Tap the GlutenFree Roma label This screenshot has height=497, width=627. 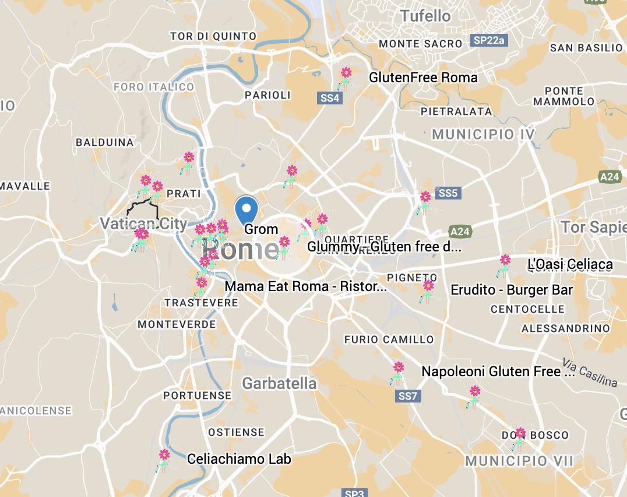coord(423,78)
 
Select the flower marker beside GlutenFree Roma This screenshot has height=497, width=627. coord(346,75)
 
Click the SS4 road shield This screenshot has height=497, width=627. coord(329,99)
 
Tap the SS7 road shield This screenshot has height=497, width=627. coord(408,397)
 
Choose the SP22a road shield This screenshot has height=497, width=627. coord(489,41)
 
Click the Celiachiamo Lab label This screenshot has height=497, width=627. coord(239,459)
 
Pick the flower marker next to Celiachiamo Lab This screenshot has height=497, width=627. coord(164,456)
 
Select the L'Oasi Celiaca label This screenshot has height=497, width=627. coord(570,265)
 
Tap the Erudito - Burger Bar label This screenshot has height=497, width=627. coord(512,290)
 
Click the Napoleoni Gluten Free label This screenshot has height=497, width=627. coord(498,372)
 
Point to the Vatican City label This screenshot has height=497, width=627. coord(143,223)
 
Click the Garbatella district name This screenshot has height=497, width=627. coord(279,383)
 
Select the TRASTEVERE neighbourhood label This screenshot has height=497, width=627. coord(201,303)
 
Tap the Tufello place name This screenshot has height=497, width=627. coord(425,16)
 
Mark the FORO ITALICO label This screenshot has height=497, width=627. coord(154,87)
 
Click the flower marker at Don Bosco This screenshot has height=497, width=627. coord(520,435)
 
